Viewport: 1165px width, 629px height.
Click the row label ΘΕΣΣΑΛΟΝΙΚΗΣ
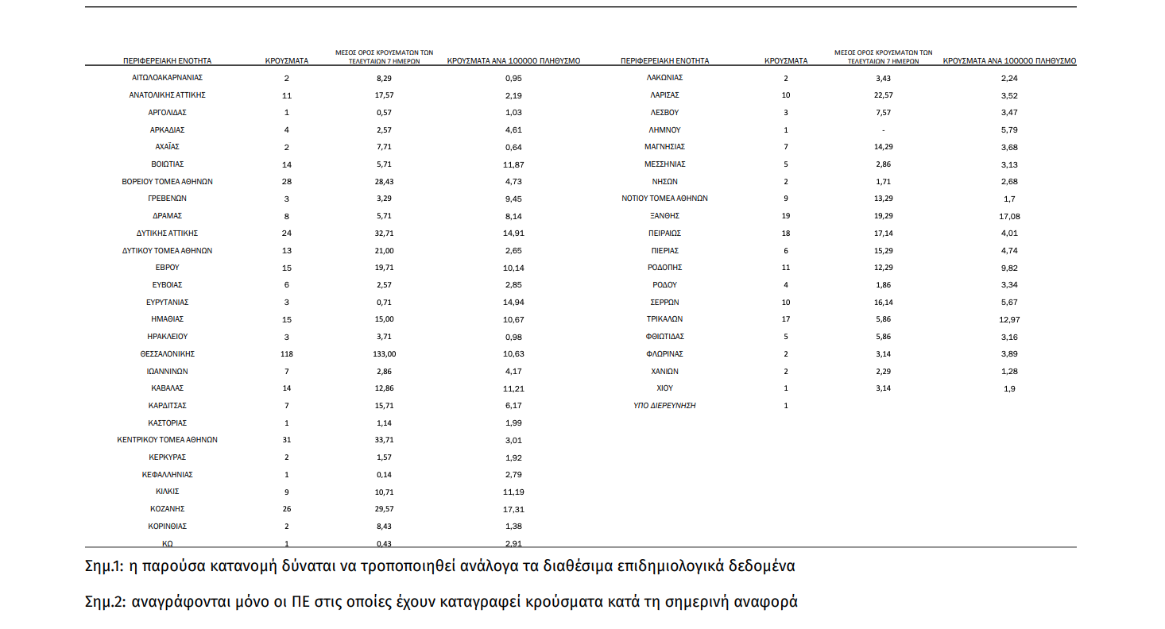(x=167, y=354)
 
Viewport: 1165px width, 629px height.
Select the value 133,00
(x=385, y=354)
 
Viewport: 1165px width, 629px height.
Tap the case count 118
(x=286, y=354)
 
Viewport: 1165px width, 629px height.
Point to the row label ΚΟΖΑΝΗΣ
(x=167, y=509)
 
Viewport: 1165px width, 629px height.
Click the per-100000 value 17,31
(x=515, y=509)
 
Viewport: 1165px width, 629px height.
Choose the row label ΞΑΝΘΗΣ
(x=665, y=216)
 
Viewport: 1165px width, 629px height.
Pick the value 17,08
(x=1009, y=216)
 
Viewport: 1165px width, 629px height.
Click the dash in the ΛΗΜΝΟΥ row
(x=883, y=130)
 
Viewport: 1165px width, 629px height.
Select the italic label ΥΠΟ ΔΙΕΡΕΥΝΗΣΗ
(x=665, y=406)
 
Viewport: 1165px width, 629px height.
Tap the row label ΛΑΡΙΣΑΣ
(x=665, y=95)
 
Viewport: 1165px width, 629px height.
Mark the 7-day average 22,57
(x=883, y=95)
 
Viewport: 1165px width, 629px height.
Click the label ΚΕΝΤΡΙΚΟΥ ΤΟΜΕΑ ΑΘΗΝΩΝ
(x=167, y=440)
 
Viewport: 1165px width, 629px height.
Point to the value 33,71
(x=385, y=440)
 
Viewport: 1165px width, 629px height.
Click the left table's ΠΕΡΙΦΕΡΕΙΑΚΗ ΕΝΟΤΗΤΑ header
(x=167, y=60)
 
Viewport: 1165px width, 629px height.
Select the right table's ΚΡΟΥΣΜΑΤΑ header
(x=785, y=60)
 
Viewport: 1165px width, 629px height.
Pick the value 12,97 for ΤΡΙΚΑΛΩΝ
(x=1009, y=319)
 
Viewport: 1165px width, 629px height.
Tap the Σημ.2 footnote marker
(x=105, y=602)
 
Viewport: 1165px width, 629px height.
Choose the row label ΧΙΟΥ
(x=665, y=388)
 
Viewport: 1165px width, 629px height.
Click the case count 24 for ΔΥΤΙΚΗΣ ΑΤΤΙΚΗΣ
(x=286, y=233)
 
